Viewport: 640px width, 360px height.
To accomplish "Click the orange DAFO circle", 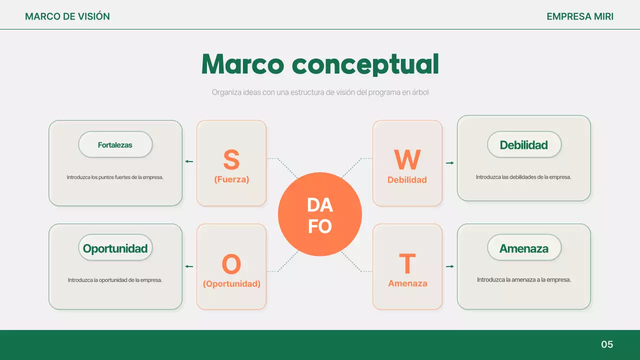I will pyautogui.click(x=319, y=214).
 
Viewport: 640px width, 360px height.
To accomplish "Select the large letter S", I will pyautogui.click(x=231, y=160).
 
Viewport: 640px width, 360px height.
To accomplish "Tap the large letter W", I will pyautogui.click(x=407, y=160).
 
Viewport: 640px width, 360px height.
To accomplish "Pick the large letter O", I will pyautogui.click(x=231, y=264).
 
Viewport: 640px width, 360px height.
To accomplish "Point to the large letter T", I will pyautogui.click(x=407, y=264).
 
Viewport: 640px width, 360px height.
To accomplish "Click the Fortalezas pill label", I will pyautogui.click(x=115, y=145).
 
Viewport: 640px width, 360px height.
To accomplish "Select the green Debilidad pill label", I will pyautogui.click(x=524, y=145).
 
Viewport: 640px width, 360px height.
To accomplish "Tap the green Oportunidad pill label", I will pyautogui.click(x=115, y=248).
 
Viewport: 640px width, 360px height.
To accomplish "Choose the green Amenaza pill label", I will pyautogui.click(x=524, y=248).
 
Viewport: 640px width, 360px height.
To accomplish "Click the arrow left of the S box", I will pyautogui.click(x=189, y=161).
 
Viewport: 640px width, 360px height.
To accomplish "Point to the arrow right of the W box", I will pyautogui.click(x=449, y=163).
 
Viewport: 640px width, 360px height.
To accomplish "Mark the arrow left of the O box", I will pyautogui.click(x=189, y=266).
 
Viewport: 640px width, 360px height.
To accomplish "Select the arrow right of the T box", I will pyautogui.click(x=449, y=266).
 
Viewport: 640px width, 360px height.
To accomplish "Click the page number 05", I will pyautogui.click(x=607, y=344).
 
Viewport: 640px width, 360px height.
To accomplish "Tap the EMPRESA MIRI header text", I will pyautogui.click(x=580, y=16).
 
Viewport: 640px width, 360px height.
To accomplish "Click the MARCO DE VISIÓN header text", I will pyautogui.click(x=67, y=16).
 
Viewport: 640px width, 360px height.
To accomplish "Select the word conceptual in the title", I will pyautogui.click(x=365, y=64).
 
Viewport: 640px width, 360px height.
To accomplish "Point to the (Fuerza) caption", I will pyautogui.click(x=231, y=179).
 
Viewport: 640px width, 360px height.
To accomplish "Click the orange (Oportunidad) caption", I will pyautogui.click(x=231, y=284).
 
